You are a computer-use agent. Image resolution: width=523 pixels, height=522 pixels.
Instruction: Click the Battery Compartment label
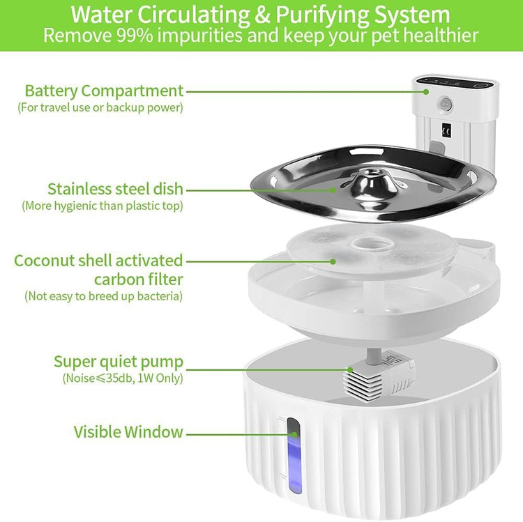104,91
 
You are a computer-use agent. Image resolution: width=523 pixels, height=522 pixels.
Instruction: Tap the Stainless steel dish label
115,189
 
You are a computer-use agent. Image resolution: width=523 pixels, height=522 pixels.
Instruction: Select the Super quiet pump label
119,362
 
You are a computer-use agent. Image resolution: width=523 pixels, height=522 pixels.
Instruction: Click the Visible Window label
128,431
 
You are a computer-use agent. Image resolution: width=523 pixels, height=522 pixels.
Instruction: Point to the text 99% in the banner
135,35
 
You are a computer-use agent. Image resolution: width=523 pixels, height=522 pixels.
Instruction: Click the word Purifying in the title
321,15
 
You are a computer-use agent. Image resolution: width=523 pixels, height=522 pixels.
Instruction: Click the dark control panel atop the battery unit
455,82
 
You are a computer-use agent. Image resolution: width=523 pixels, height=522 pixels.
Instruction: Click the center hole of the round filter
370,245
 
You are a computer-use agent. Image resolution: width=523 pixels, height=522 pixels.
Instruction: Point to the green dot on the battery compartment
426,92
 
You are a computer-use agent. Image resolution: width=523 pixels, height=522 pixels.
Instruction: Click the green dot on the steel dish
333,190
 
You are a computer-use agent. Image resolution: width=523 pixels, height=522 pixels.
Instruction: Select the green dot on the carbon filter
333,261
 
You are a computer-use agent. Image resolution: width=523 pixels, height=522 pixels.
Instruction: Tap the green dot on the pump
350,369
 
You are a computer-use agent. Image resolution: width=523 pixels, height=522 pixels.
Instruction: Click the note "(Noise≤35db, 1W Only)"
123,378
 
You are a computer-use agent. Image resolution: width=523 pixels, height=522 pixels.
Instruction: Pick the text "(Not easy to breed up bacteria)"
104,296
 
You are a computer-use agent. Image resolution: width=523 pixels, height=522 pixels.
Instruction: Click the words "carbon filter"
139,279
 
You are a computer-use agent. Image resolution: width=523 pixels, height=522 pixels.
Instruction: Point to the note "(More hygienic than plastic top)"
103,206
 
